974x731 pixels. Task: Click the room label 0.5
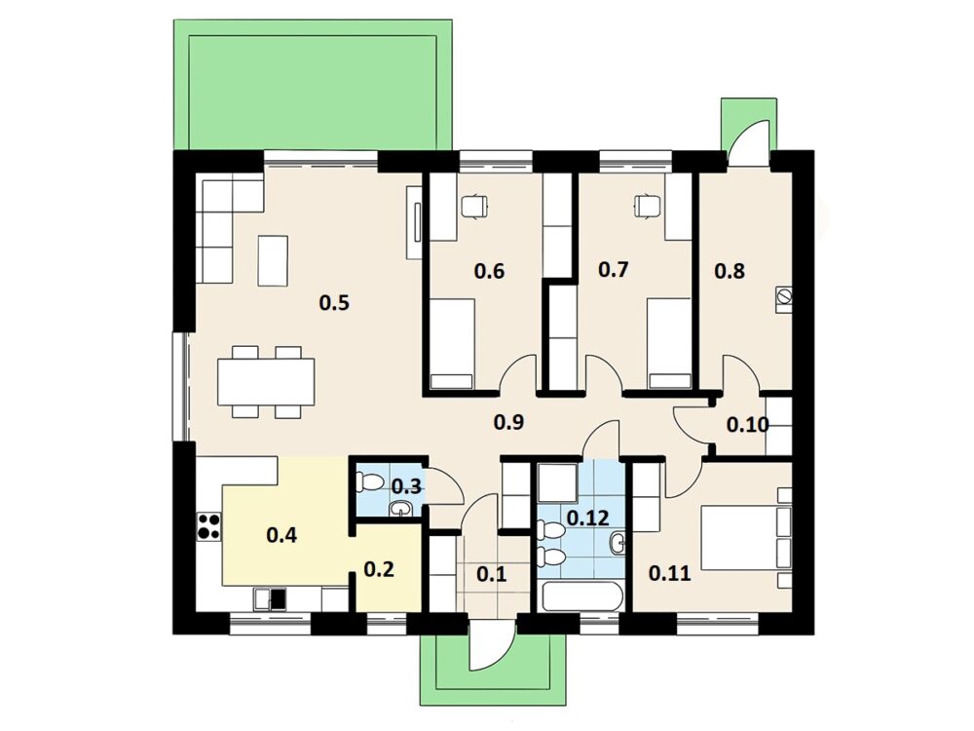334,303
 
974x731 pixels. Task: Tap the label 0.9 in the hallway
508,422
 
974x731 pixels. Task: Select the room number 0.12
588,518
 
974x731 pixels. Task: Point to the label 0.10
748,425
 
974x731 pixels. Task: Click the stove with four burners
208,526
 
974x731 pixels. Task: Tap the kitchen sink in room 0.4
272,599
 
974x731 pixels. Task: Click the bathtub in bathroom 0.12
582,596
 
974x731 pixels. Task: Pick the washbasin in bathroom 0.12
618,543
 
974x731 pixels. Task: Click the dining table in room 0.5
266,382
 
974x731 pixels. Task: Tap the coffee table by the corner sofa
273,260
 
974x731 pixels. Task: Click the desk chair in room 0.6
474,205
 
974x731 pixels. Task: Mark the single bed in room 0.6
452,344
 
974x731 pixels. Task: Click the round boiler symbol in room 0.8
784,297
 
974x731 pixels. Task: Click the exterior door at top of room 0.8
750,143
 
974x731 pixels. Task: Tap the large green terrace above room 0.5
313,85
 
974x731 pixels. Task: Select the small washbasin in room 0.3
399,510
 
